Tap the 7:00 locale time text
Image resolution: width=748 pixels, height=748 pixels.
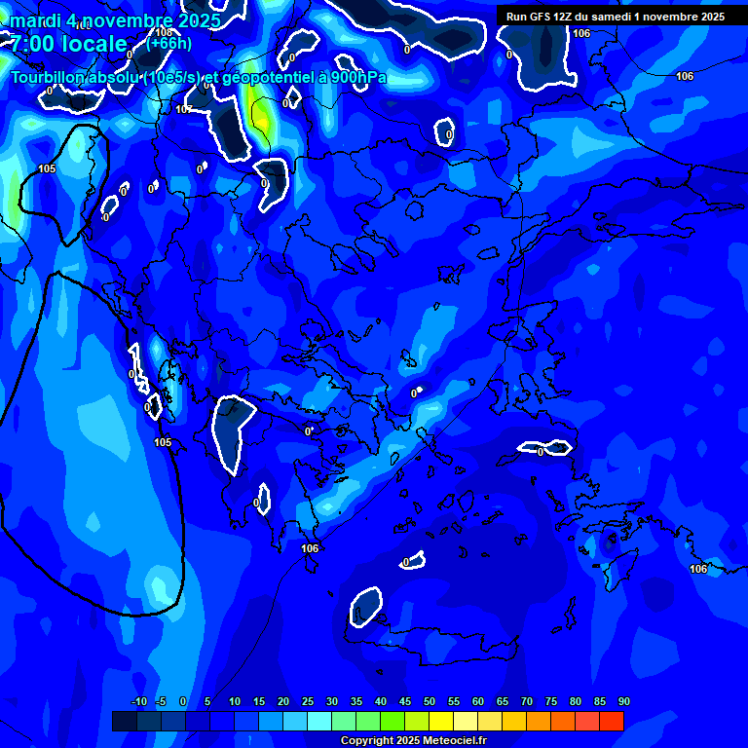68,44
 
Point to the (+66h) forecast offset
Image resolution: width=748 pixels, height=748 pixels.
168,43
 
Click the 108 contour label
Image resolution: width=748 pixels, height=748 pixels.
164,32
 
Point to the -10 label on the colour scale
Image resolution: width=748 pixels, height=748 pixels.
138,701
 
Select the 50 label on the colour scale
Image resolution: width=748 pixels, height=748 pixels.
430,701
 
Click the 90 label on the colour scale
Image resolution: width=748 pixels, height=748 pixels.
623,701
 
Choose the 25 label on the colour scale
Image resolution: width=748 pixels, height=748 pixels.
308,701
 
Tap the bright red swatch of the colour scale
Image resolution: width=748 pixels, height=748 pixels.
612,721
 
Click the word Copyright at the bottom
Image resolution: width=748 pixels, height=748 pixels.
367,740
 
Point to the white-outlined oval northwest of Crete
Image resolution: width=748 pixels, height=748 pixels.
365,607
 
